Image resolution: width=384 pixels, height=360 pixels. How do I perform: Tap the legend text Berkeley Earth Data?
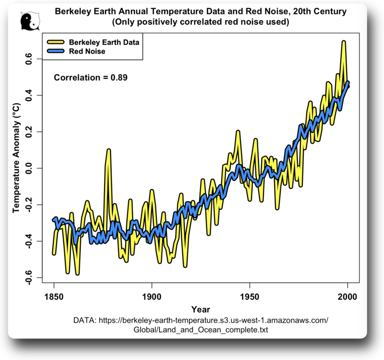coord(104,42)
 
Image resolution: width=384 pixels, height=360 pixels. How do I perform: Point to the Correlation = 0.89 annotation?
coord(91,77)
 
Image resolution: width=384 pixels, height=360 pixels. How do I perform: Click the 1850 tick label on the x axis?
coord(53,297)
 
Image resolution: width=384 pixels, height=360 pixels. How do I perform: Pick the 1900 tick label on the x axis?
coord(151,297)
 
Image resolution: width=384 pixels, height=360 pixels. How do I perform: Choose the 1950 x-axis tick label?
coord(249,297)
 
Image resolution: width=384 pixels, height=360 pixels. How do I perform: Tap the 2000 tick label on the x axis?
coord(347,297)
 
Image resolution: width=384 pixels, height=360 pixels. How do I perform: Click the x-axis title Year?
coord(200,309)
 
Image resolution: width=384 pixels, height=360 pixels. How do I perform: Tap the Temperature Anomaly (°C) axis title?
coord(16,157)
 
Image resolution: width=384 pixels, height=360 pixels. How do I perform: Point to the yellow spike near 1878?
coord(108,150)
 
